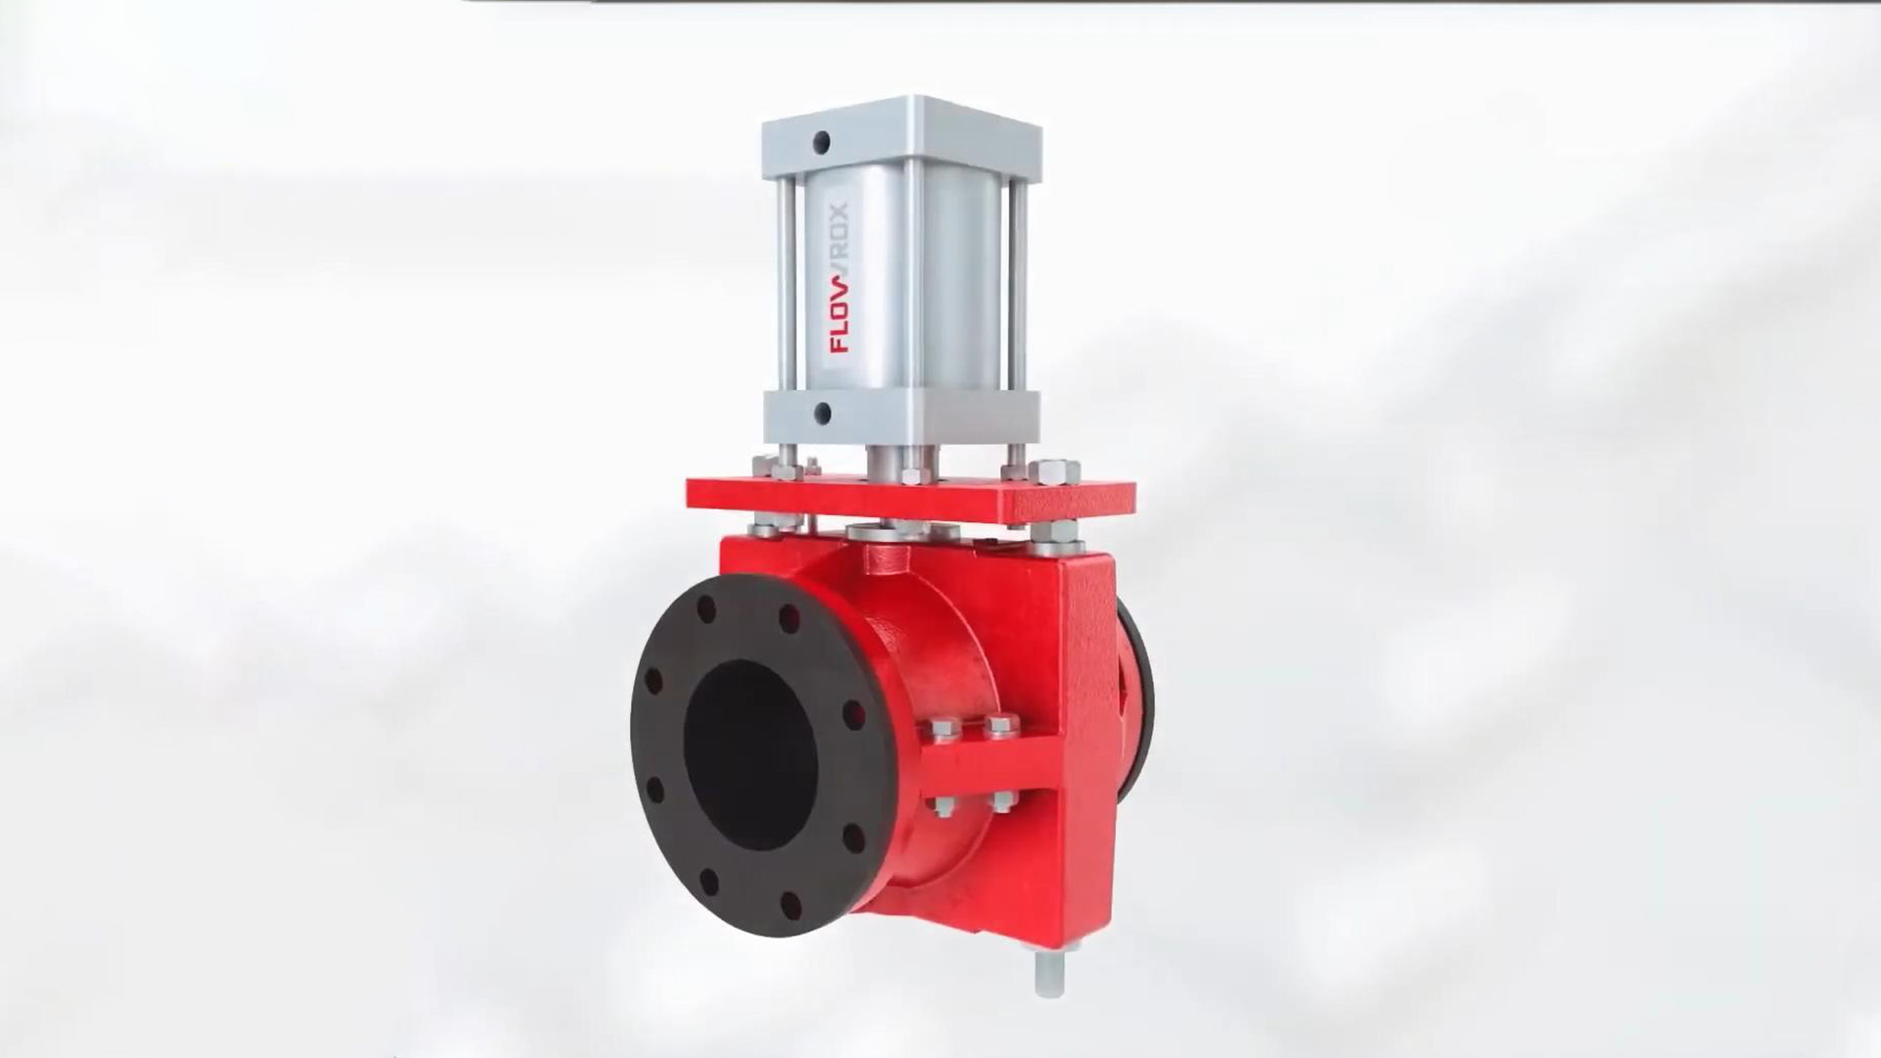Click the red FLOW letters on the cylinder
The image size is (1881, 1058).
point(841,313)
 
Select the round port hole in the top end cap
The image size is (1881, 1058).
point(821,143)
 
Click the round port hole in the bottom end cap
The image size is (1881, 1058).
point(821,412)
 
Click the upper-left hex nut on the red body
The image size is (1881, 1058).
point(942,727)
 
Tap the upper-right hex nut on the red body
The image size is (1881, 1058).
point(1000,727)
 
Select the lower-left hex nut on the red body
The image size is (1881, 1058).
point(942,805)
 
